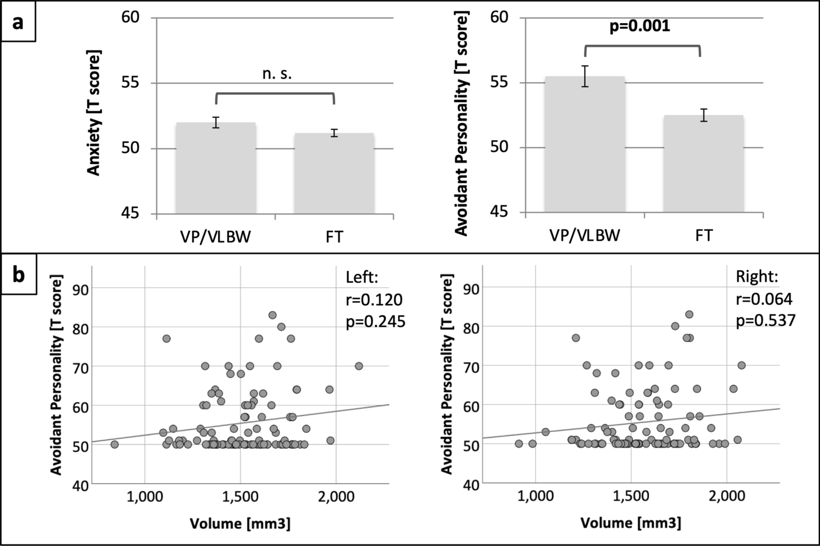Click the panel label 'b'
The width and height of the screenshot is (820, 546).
[x=19, y=275]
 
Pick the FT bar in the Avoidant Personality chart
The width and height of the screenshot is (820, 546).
[x=703, y=164]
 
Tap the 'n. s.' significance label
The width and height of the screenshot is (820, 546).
[x=277, y=74]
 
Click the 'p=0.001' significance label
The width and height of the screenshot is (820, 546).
[x=639, y=26]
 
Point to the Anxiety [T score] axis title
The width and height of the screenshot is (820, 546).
[x=95, y=113]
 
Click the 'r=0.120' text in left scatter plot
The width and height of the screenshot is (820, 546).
[x=374, y=299]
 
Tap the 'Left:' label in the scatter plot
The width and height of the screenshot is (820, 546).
[x=362, y=278]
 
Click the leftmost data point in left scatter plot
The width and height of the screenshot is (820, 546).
[x=114, y=444]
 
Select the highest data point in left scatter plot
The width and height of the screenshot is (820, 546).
[x=272, y=315]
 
